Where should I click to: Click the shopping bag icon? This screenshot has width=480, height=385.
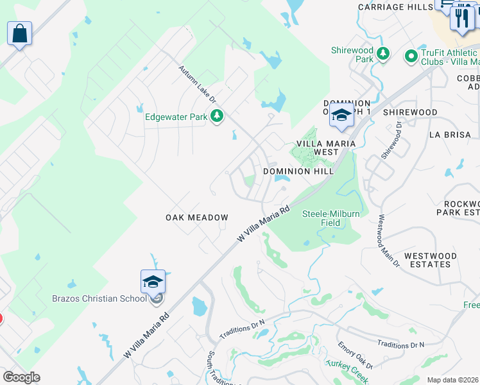click(x=19, y=33)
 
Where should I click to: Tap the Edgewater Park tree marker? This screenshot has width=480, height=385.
click(x=218, y=116)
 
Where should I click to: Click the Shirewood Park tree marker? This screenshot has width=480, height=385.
click(x=383, y=53)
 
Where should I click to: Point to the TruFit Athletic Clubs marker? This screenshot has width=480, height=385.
click(x=411, y=57)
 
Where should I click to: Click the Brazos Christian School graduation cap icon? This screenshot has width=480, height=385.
click(x=153, y=282)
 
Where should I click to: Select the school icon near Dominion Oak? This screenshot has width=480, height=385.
click(x=341, y=116)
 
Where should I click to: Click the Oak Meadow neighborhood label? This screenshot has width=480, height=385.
click(x=196, y=218)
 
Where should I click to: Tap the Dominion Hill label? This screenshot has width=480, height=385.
click(x=298, y=171)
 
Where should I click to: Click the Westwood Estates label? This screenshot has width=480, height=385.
click(x=430, y=260)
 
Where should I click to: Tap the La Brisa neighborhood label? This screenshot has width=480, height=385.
click(x=449, y=135)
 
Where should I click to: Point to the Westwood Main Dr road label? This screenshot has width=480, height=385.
click(x=389, y=240)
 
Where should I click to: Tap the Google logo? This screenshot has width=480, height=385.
click(x=21, y=377)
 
